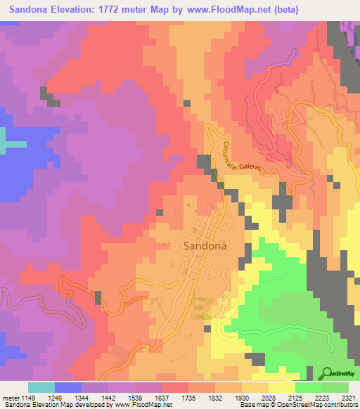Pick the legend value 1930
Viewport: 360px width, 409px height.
[269, 398]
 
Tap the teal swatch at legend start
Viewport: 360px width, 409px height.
[41, 387]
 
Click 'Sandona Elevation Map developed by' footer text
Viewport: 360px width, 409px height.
[56, 405]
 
